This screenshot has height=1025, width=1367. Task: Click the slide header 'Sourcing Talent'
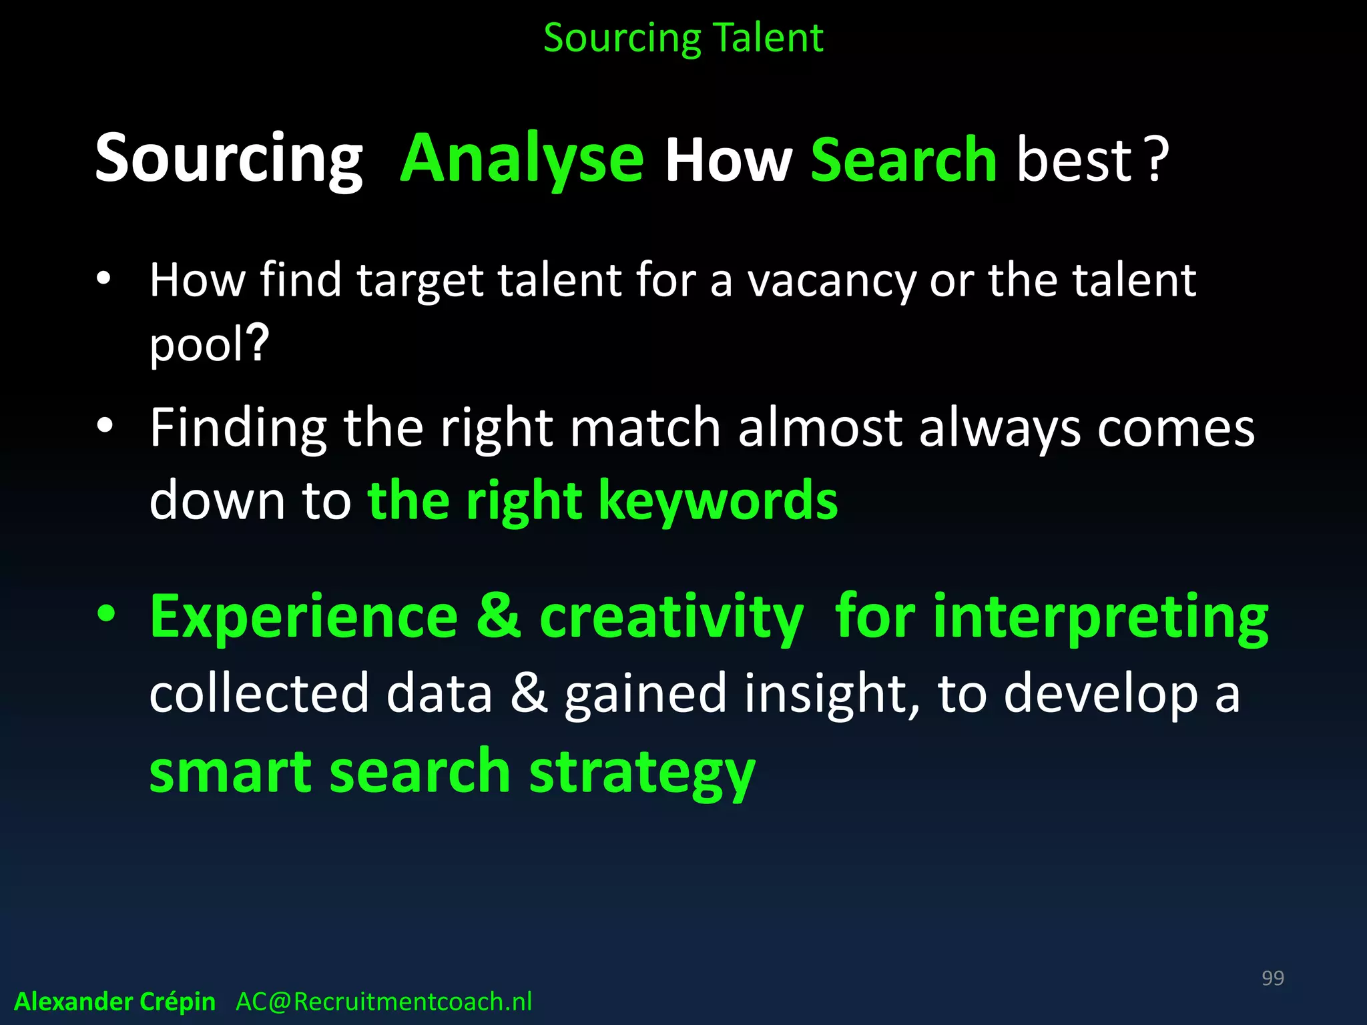(x=683, y=38)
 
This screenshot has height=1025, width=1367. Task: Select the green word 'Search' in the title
(x=904, y=160)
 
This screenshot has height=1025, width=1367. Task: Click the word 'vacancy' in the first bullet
(x=832, y=280)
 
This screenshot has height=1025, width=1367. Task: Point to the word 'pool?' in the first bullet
(x=209, y=344)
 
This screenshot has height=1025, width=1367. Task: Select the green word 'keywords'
(x=718, y=500)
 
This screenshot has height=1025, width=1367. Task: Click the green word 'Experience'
(x=304, y=617)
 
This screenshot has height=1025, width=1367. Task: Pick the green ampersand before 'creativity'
(x=499, y=617)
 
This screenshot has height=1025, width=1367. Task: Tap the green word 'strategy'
(x=642, y=773)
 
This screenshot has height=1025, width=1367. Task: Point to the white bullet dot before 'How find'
(x=103, y=279)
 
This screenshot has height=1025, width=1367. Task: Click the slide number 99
(x=1272, y=978)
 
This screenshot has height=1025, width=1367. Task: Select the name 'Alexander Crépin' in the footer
(x=115, y=1002)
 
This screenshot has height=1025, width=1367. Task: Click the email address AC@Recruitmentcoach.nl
(x=384, y=1002)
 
